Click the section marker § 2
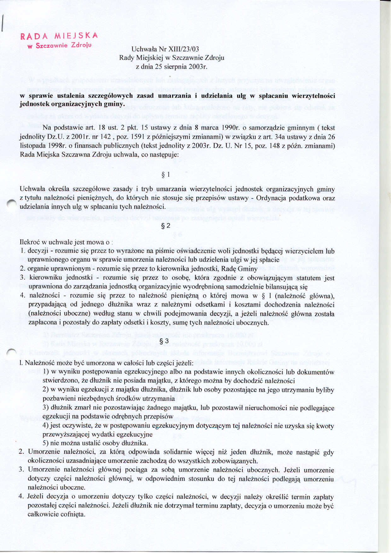tap(166, 226)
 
